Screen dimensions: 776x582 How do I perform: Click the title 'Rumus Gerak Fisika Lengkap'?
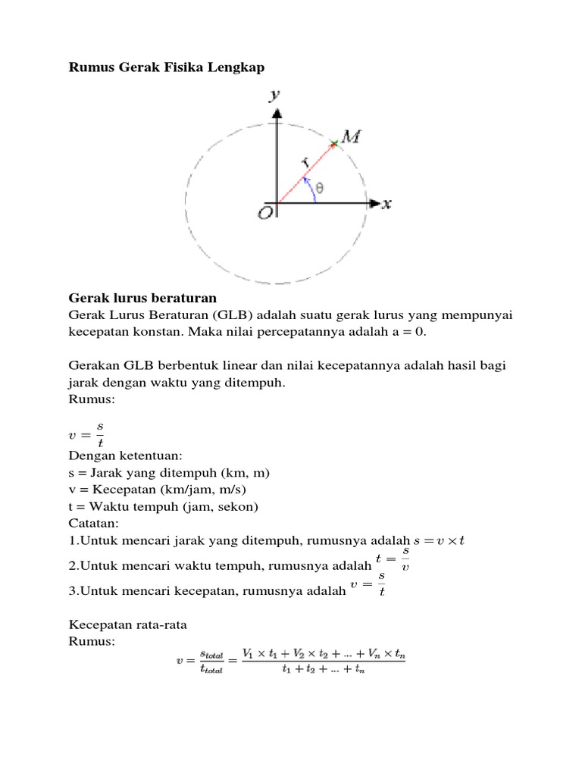click(x=167, y=68)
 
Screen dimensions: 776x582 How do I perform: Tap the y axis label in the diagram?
click(x=275, y=95)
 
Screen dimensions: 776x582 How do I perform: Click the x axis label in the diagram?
click(x=386, y=204)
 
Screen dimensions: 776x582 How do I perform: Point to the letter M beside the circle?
click(x=350, y=136)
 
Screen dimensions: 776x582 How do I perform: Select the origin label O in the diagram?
click(x=264, y=213)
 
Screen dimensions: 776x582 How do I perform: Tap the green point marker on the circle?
click(x=333, y=142)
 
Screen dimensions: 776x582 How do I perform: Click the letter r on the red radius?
click(x=305, y=162)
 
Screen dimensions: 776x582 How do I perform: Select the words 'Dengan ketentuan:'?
click(x=121, y=455)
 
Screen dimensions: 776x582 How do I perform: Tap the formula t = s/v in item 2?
click(x=393, y=559)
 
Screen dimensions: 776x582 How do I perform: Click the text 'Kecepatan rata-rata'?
click(x=128, y=624)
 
